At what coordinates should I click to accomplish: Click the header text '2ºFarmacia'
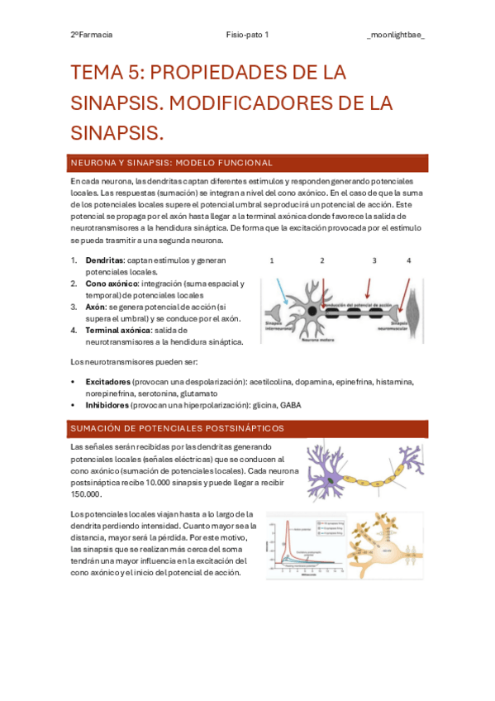click(92, 35)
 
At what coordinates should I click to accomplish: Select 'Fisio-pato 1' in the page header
click(247, 35)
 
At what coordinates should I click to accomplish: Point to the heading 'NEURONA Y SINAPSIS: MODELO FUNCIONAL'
click(172, 163)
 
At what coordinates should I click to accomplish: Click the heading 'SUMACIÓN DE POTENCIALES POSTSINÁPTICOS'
click(178, 428)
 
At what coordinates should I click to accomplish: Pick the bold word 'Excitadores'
click(107, 383)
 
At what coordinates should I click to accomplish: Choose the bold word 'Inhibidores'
click(107, 405)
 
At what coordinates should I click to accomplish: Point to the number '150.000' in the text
click(87, 494)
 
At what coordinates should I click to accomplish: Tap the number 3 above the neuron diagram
click(374, 260)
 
